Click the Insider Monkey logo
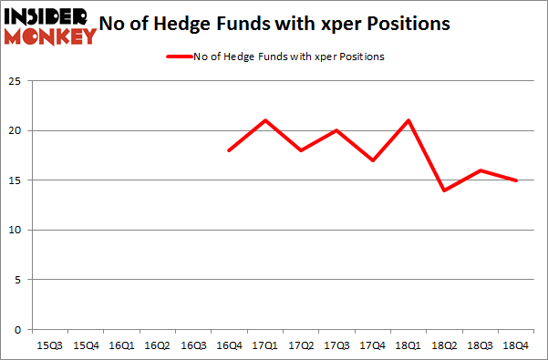(51, 26)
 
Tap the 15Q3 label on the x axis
(50, 345)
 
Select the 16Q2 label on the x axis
(157, 345)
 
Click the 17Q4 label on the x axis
(372, 345)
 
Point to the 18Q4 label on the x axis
(515, 345)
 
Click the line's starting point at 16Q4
(229, 150)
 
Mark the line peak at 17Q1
(264, 120)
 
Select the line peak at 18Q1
(408, 120)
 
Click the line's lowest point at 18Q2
(443, 190)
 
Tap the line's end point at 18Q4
(515, 180)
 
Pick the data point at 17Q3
(336, 130)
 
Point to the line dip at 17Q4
(372, 160)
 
